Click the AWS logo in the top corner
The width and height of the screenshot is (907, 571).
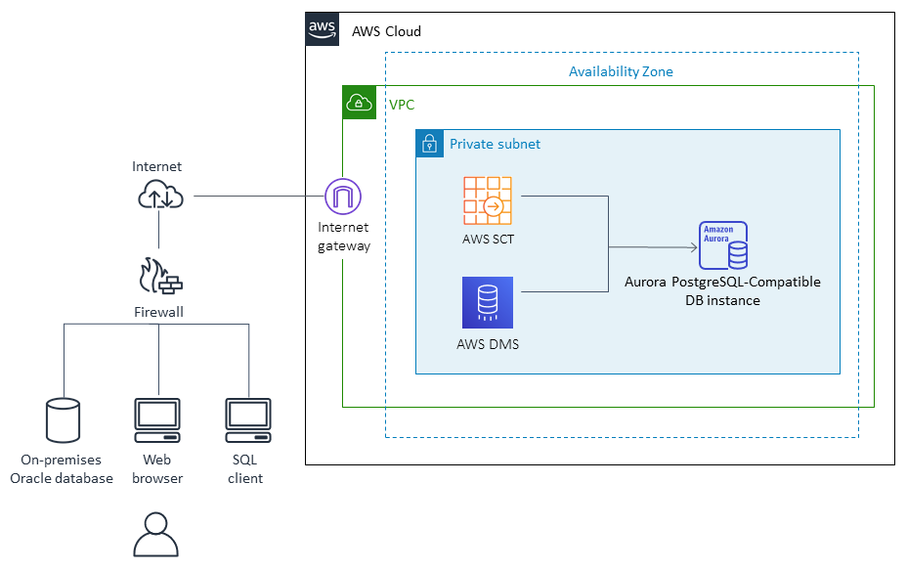point(323,29)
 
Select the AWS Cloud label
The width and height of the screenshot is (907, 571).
point(386,31)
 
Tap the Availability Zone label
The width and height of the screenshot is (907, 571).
point(621,71)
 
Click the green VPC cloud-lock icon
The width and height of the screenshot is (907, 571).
point(359,103)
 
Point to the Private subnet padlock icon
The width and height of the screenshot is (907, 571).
point(428,144)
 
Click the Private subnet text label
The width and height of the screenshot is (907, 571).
point(495,144)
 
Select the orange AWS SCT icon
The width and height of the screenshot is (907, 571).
point(488,201)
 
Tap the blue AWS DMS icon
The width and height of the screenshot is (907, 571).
point(488,302)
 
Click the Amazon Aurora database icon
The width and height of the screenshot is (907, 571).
point(723,245)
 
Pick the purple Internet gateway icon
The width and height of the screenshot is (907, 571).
point(343,198)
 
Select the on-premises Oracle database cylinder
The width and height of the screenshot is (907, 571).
point(63,420)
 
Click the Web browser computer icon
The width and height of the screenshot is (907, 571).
point(156,420)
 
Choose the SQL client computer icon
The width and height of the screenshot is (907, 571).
point(247,420)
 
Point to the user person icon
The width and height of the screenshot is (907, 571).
point(155,536)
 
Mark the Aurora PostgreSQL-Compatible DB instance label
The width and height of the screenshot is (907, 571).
point(722,291)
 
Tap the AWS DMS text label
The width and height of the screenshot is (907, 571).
point(487,343)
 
